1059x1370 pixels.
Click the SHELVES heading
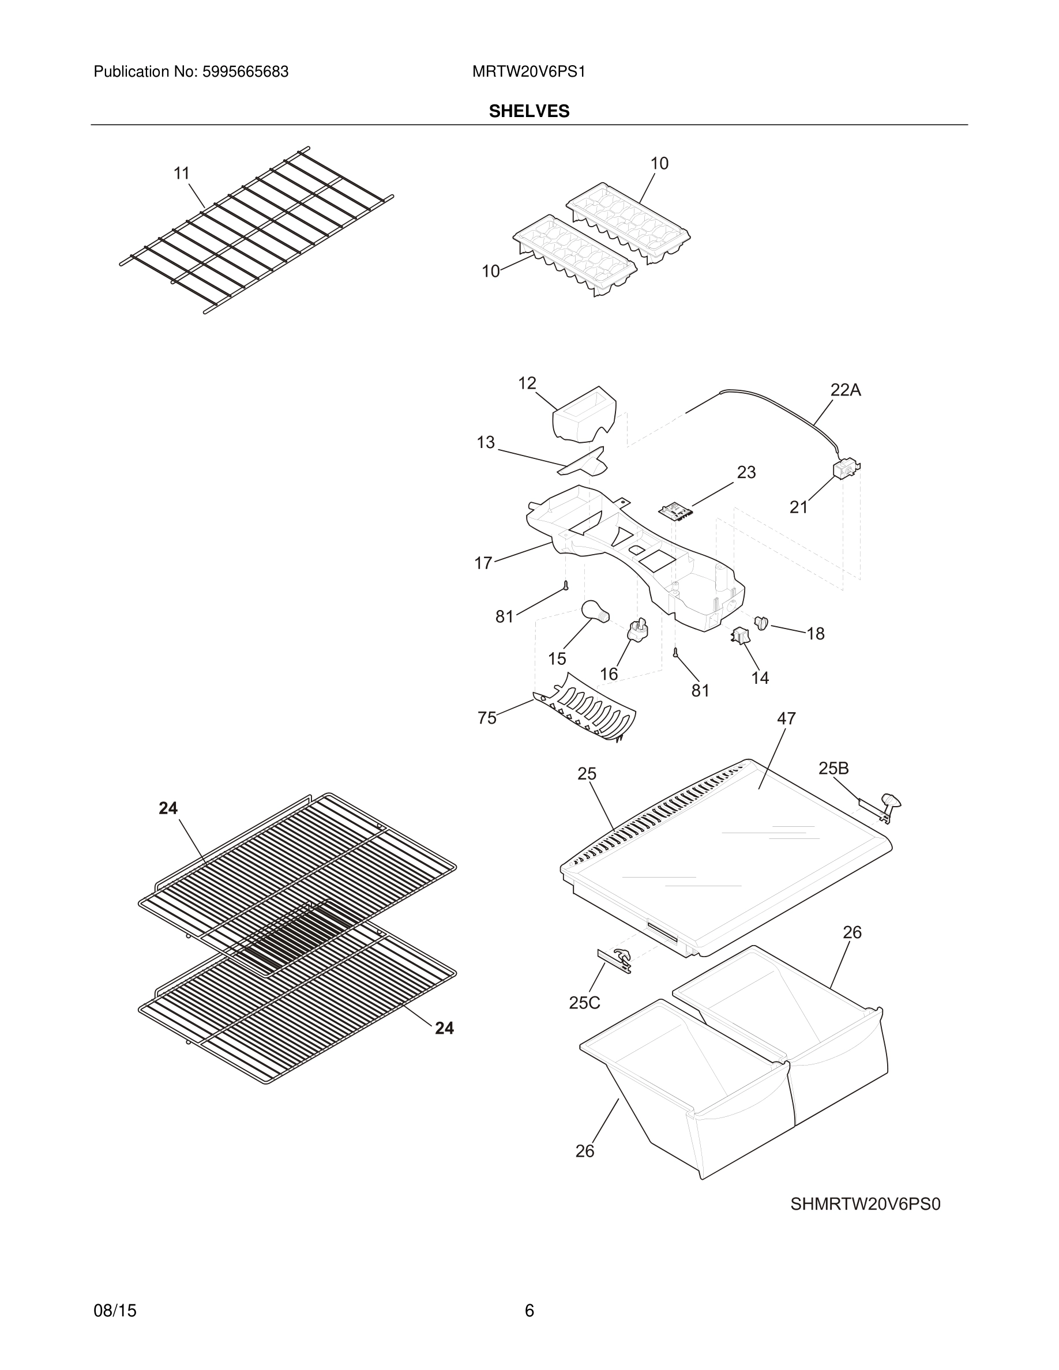(x=529, y=112)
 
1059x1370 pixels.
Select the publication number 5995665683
(x=245, y=72)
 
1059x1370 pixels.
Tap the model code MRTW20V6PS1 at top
(x=528, y=72)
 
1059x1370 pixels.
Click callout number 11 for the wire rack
(x=181, y=173)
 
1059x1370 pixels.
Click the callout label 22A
(x=845, y=390)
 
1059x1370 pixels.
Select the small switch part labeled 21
(x=845, y=469)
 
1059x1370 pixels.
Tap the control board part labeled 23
(x=674, y=511)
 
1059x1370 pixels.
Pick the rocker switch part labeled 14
(x=739, y=636)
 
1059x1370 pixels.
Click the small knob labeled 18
(x=761, y=623)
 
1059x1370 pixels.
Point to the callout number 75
(x=487, y=718)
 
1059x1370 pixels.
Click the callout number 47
(x=786, y=719)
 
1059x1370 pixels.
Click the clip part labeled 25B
(x=881, y=806)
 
